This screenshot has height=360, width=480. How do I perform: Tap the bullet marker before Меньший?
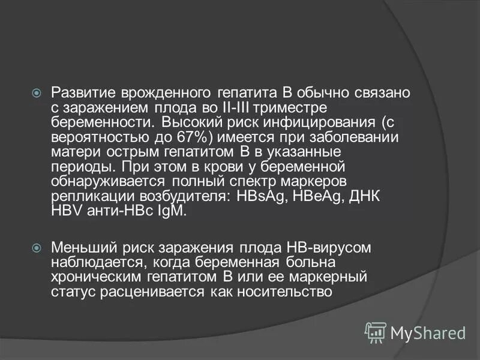pos(36,247)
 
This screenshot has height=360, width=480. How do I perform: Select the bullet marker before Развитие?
pos(36,93)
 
